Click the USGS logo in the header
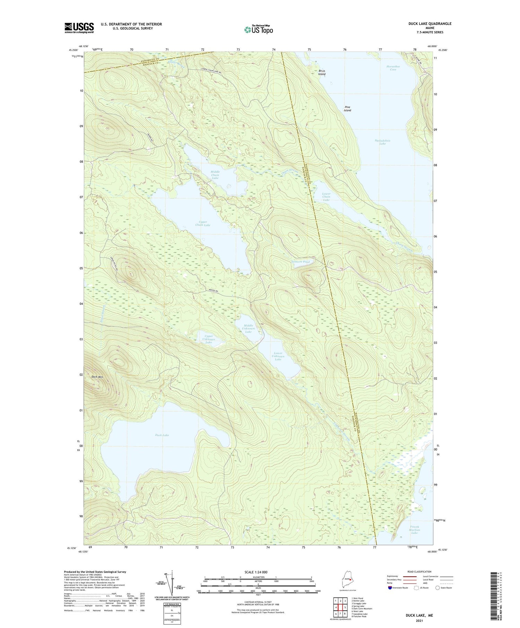79,28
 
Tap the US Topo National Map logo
258,30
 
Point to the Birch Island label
322,72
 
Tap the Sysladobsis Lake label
382,142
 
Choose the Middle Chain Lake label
215,175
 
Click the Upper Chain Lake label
203,223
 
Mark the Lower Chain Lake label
326,197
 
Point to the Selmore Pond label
300,262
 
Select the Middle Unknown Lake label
249,328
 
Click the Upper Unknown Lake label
208,339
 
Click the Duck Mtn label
98,377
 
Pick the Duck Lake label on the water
162,435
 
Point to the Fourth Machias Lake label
414,530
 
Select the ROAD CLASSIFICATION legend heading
419,572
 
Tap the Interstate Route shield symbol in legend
390,588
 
